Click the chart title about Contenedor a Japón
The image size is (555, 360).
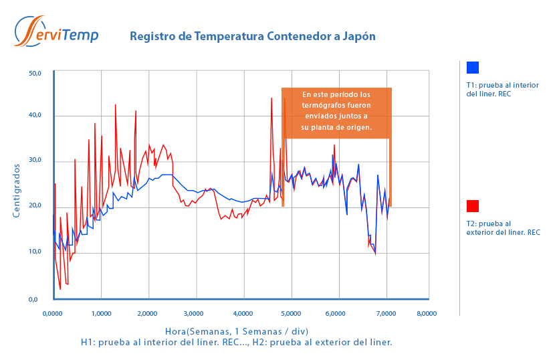click(x=252, y=36)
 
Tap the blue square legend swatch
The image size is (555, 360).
click(x=473, y=68)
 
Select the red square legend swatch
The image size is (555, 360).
click(x=473, y=206)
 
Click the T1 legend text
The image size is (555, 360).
click(x=502, y=90)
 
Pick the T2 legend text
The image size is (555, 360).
click(x=503, y=228)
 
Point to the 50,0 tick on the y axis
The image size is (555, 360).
click(x=35, y=73)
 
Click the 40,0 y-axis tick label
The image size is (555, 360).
click(x=35, y=115)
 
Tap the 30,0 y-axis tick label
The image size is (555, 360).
click(x=35, y=161)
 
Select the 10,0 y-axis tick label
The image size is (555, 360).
click(x=35, y=252)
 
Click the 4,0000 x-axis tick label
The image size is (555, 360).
click(x=243, y=313)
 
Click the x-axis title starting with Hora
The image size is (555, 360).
click(x=236, y=331)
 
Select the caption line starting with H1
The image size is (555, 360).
click(x=236, y=342)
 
